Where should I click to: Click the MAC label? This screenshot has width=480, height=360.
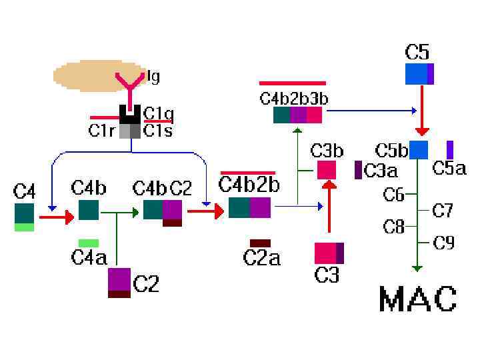tap(418, 299)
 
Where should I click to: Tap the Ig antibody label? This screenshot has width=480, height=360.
tap(153, 77)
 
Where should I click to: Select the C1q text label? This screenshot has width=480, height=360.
tap(158, 115)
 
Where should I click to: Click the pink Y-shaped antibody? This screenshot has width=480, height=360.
tap(129, 84)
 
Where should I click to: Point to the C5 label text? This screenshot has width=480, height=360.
tap(417, 51)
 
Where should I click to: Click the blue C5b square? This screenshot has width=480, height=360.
tap(418, 150)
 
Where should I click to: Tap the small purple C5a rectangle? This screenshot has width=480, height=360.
tap(450, 149)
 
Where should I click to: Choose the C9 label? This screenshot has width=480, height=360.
tap(444, 243)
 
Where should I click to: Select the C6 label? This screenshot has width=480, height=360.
tap(394, 195)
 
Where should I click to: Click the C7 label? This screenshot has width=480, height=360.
tap(443, 211)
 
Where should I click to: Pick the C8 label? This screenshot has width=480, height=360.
tap(394, 227)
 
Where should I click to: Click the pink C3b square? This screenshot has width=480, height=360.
tap(327, 170)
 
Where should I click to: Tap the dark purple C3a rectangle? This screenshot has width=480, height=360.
tap(359, 170)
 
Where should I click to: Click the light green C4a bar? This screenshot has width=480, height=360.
tap(89, 243)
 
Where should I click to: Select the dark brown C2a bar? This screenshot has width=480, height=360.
tap(260, 243)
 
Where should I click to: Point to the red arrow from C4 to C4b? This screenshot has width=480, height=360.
tap(56, 217)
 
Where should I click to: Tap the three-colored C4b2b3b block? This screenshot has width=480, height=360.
tap(298, 115)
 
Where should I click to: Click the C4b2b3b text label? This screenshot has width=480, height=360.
tap(293, 99)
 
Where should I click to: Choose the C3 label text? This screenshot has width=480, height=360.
tap(327, 275)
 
